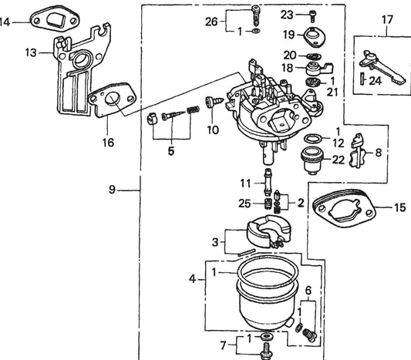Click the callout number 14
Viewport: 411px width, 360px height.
(5, 22)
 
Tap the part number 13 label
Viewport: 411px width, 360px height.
(31, 52)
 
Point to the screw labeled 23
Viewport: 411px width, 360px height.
(312, 15)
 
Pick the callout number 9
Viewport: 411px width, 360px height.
(112, 189)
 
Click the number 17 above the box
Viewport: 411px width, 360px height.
(387, 20)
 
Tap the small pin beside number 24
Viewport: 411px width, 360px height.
(362, 79)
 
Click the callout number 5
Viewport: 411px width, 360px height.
(171, 151)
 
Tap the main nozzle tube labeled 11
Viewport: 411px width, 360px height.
(268, 182)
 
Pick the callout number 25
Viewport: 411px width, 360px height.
(244, 204)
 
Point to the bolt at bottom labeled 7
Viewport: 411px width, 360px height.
(266, 351)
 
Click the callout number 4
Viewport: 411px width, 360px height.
(193, 279)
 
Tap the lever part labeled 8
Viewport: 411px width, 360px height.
(357, 150)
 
